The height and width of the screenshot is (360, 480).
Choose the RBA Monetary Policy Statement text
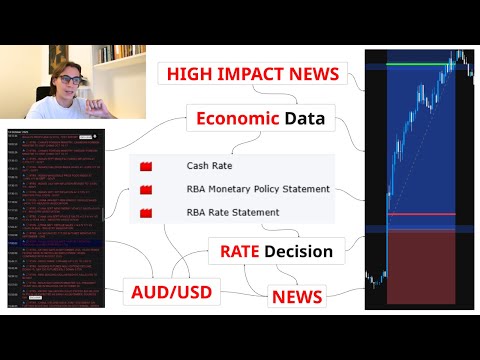257,189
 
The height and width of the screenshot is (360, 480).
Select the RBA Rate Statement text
232,212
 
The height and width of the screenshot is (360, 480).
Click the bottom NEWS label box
297,297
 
